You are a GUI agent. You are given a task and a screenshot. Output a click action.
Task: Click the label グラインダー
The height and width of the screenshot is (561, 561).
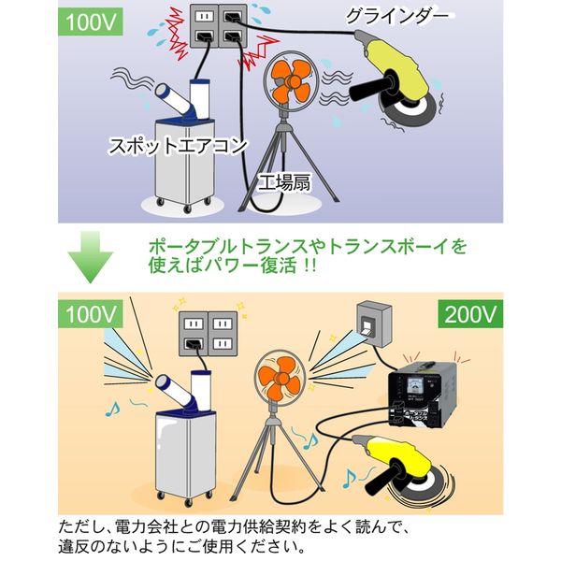coord(401,16)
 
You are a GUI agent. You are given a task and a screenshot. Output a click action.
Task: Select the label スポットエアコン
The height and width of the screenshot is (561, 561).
coord(179,146)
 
